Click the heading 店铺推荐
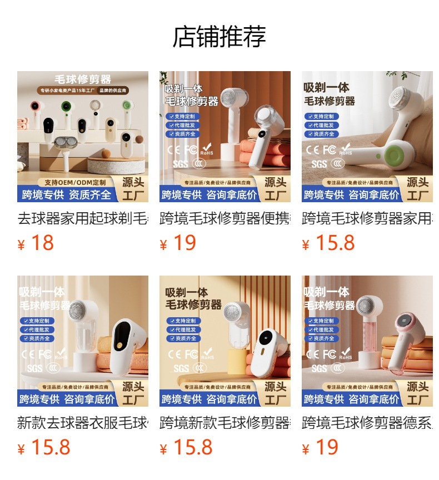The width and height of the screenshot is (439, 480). pyautogui.click(x=219, y=37)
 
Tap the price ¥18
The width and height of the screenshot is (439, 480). pyautogui.click(x=36, y=243)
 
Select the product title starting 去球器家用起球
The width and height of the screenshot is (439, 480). pyautogui.click(x=82, y=218)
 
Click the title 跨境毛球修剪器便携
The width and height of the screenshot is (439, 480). pyautogui.click(x=225, y=218)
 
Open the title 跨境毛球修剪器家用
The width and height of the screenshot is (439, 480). pyautogui.click(x=367, y=218)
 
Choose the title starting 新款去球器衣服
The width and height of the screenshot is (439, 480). pyautogui.click(x=82, y=423)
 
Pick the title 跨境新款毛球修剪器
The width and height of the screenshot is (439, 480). pyautogui.click(x=225, y=423)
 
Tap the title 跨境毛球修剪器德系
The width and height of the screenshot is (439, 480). pyautogui.click(x=367, y=423)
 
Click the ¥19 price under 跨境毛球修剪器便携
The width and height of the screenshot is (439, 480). pyautogui.click(x=178, y=243)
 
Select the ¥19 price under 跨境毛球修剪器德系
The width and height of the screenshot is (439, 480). pyautogui.click(x=321, y=448)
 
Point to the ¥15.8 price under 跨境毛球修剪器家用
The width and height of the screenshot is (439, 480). pyautogui.click(x=328, y=243)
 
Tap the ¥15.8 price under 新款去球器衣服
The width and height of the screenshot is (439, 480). pyautogui.click(x=44, y=448)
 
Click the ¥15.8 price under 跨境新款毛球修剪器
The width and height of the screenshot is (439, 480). pyautogui.click(x=186, y=448)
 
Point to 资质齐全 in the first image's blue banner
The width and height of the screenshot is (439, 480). pyautogui.click(x=90, y=195)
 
